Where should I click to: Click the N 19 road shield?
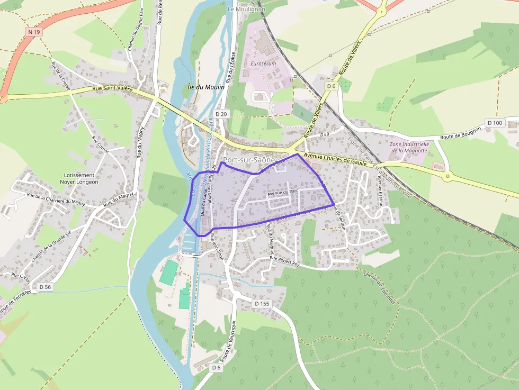[34, 32]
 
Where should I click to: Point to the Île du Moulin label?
[206, 86]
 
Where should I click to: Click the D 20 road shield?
[221, 114]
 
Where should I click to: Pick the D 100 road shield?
[495, 123]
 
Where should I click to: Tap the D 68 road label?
[325, 135]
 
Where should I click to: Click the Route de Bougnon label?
[461, 133]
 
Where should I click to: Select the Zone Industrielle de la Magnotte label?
[409, 147]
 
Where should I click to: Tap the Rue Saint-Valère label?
[112, 89]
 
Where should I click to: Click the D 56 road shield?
[45, 287]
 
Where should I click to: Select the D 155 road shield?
[262, 304]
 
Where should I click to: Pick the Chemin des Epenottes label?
[380, 288]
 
